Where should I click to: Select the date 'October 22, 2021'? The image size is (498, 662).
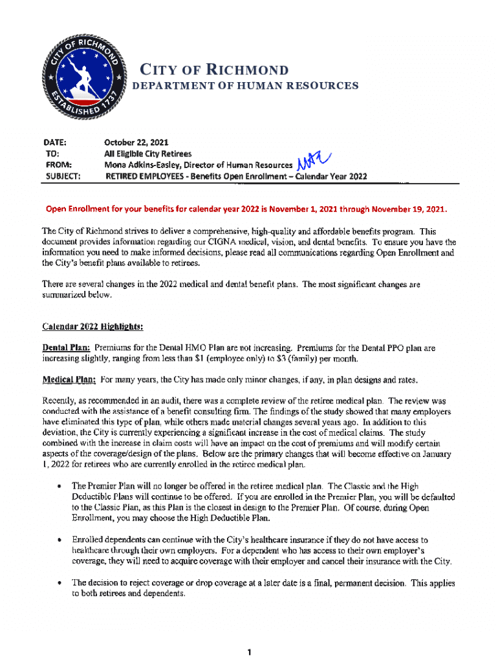pyautogui.click(x=137, y=143)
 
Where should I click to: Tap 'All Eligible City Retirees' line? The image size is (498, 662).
pyautogui.click(x=148, y=154)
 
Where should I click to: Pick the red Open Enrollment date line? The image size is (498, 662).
pyautogui.click(x=245, y=210)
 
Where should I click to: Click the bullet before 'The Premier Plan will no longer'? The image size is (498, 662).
pyautogui.click(x=60, y=486)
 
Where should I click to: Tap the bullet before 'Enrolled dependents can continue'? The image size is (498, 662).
pyautogui.click(x=60, y=539)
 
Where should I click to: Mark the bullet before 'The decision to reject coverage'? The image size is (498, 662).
pyautogui.click(x=60, y=583)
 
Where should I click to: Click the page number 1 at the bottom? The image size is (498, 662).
pyautogui.click(x=249, y=652)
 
